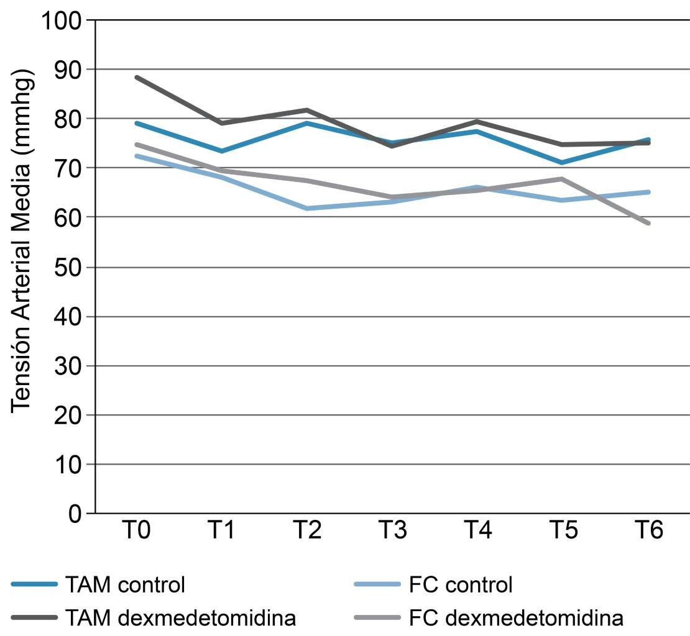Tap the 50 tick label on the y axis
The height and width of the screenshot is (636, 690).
(71, 267)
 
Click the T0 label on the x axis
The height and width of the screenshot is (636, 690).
(136, 532)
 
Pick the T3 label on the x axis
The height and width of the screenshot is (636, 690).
(393, 532)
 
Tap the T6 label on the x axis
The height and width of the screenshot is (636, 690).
(649, 532)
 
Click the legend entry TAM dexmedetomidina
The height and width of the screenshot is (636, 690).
(180, 618)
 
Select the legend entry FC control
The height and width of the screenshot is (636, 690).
(461, 584)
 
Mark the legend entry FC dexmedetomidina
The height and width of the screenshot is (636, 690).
(517, 618)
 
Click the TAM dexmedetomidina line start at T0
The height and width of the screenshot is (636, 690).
(136, 78)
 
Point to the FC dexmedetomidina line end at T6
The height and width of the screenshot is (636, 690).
(649, 223)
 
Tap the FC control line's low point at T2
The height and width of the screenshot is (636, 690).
(307, 208)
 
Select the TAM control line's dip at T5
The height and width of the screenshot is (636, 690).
(563, 162)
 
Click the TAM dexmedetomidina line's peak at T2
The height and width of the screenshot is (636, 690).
(307, 110)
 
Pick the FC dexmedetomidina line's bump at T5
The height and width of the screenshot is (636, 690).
(563, 179)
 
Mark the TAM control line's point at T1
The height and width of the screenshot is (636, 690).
(222, 151)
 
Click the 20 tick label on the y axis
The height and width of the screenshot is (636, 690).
(71, 415)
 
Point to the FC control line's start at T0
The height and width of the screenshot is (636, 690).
(136, 156)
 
